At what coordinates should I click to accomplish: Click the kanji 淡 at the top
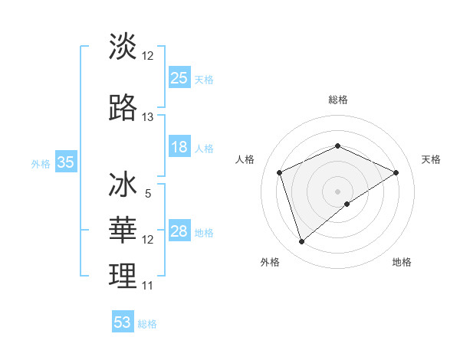coord(123,47)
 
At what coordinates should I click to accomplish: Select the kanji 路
coord(123,108)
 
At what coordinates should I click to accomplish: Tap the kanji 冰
coord(123,186)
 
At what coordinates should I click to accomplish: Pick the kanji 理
coord(123,277)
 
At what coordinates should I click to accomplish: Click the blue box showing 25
coord(179,78)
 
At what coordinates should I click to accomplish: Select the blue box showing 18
coord(179,147)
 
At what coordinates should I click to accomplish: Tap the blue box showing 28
coord(179,231)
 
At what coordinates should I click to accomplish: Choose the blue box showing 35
coord(65,162)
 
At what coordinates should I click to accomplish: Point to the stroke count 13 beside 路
coord(148,117)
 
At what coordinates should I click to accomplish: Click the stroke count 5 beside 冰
coord(148,194)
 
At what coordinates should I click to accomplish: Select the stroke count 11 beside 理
coord(148,286)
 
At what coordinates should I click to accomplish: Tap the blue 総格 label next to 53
coord(147,324)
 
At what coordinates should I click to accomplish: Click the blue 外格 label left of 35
coord(41,163)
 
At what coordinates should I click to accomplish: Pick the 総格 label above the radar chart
coord(337,100)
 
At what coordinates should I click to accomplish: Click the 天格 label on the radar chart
coord(431,159)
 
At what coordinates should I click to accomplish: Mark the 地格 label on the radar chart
coord(402,262)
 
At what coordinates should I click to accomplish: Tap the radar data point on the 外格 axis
coord(302,242)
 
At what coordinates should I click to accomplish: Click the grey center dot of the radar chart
coord(337,191)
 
